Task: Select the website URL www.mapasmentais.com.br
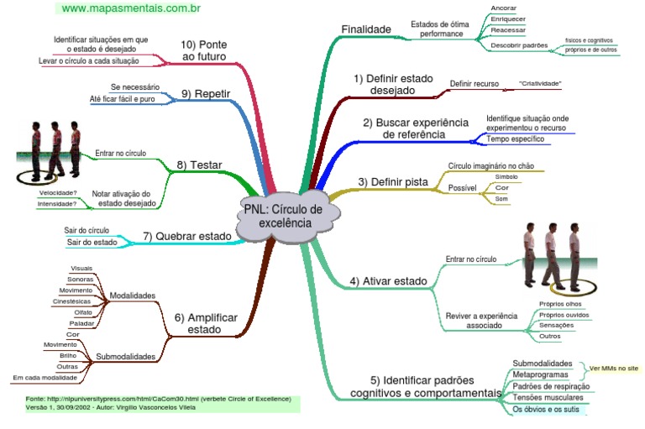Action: click(131, 8)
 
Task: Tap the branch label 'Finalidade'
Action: click(366, 29)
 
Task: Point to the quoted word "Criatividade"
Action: click(540, 84)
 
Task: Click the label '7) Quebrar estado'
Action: click(186, 236)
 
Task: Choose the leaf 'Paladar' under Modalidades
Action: click(81, 322)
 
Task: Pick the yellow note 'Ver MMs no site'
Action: click(614, 368)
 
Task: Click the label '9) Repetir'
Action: click(206, 93)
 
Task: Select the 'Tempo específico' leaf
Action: click(517, 138)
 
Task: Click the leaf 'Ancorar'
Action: click(504, 8)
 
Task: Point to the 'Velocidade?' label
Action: click(59, 193)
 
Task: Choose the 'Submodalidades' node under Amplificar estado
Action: click(125, 356)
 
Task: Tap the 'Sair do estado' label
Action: click(92, 243)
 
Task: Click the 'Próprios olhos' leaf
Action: click(560, 303)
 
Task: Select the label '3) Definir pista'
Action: click(393, 181)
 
